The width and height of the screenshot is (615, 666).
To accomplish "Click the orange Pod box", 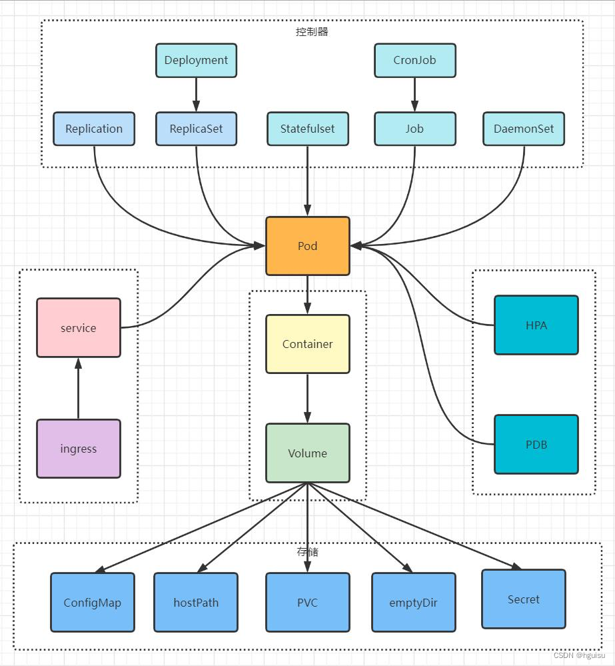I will pyautogui.click(x=307, y=246).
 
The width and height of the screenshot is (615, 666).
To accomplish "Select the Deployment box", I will pyautogui.click(x=196, y=61).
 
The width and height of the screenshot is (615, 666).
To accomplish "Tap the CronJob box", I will pyautogui.click(x=414, y=61).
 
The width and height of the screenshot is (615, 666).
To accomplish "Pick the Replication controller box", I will pyautogui.click(x=94, y=129).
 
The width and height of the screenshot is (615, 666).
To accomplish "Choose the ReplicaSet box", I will pyautogui.click(x=196, y=129).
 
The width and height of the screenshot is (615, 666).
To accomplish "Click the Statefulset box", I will pyautogui.click(x=307, y=129).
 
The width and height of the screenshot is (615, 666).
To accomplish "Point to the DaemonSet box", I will pyautogui.click(x=524, y=129).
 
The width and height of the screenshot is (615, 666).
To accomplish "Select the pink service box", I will pyautogui.click(x=79, y=327).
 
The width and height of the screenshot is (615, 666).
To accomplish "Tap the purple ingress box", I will pyautogui.click(x=79, y=449).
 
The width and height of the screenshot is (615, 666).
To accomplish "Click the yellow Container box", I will pyautogui.click(x=307, y=344).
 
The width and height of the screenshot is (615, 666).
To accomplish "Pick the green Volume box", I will pyautogui.click(x=307, y=453).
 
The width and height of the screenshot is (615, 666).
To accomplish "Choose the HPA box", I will pyautogui.click(x=536, y=325).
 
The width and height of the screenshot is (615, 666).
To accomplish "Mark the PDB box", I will pyautogui.click(x=536, y=444).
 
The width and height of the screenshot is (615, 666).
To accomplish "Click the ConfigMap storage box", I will pyautogui.click(x=93, y=603).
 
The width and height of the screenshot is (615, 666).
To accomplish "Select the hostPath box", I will pyautogui.click(x=196, y=603).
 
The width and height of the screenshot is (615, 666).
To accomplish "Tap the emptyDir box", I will pyautogui.click(x=414, y=603).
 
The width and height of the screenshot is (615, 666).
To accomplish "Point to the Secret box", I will pyautogui.click(x=523, y=599).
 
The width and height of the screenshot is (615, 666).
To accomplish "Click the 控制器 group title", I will pyautogui.click(x=312, y=31).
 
